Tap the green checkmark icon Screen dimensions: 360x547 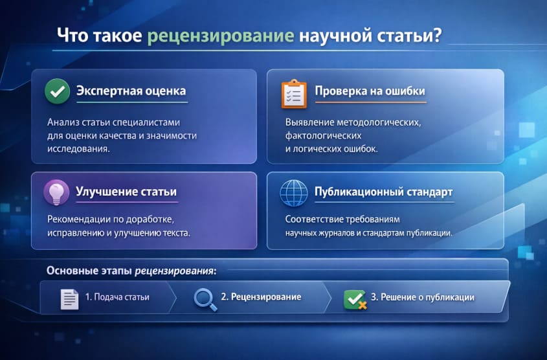click(x=57, y=91)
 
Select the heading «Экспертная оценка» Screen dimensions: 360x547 click(x=131, y=91)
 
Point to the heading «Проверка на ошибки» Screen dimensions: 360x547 click(x=370, y=91)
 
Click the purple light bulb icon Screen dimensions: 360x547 click(x=56, y=192)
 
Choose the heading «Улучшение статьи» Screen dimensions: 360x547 click(x=126, y=192)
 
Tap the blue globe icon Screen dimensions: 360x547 click(x=294, y=193)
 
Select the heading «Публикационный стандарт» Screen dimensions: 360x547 click(x=383, y=192)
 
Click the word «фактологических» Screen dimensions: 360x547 click(x=323, y=135)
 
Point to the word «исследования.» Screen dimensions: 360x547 click(x=78, y=148)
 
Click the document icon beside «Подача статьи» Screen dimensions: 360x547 click(x=69, y=298)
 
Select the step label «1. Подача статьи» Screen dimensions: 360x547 click(x=117, y=298)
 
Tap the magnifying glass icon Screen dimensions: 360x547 click(x=205, y=298)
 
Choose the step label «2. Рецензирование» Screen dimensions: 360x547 click(x=261, y=297)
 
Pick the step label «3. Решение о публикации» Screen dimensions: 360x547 click(x=423, y=298)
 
